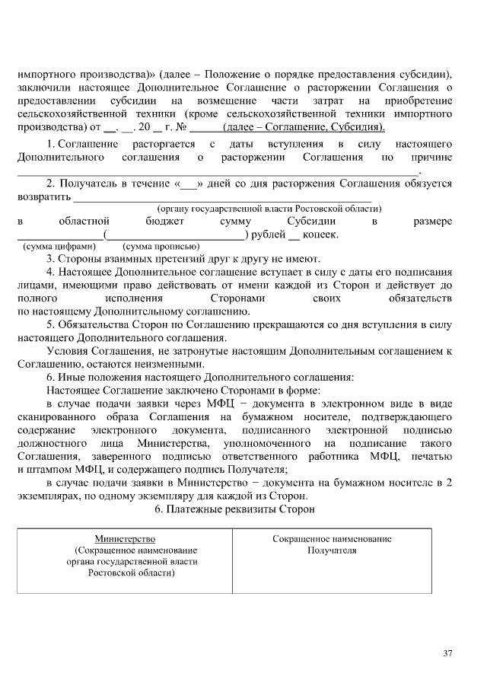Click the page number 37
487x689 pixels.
pyautogui.click(x=447, y=653)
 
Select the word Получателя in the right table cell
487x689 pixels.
pyautogui.click(x=332, y=550)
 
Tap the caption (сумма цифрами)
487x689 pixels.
pyautogui.click(x=59, y=247)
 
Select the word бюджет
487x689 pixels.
pyautogui.click(x=165, y=221)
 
